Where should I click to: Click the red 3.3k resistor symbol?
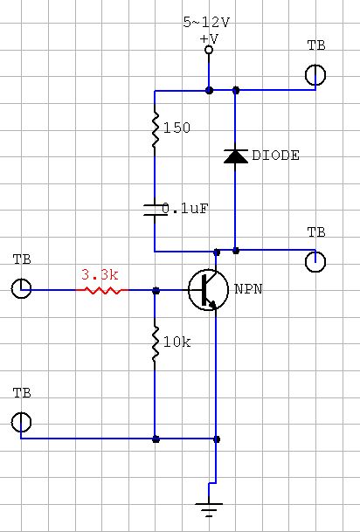[101, 290]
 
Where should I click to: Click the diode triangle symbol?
[236, 156]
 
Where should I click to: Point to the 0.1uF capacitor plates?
[155, 210]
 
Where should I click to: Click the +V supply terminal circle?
[209, 50]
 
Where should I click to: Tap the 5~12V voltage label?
[206, 23]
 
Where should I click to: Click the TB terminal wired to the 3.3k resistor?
[21, 288]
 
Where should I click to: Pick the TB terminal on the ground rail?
[21, 422]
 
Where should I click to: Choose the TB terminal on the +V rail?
[315, 75]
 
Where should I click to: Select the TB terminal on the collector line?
[315, 261]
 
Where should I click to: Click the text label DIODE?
[276, 155]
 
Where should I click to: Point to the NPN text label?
[248, 289]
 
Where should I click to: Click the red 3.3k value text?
[100, 275]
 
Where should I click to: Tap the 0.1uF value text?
[185, 209]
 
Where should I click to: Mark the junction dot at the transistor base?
[156, 290]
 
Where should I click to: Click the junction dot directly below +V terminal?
[210, 91]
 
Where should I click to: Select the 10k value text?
[177, 342]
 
